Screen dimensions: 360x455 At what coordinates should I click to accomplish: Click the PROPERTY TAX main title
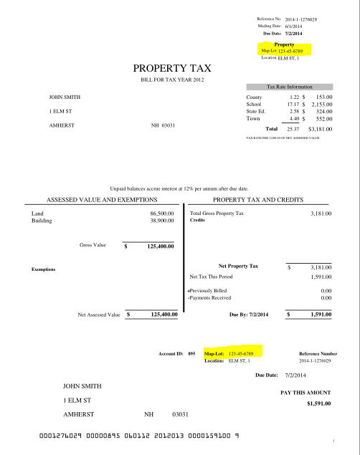tap(172, 69)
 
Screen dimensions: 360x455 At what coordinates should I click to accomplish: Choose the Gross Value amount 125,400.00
tap(161, 246)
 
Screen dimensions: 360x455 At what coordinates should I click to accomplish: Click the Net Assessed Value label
tap(99, 314)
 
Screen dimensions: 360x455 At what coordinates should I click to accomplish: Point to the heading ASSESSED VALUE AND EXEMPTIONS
tap(102, 198)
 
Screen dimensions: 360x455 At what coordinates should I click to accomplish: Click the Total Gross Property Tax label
tap(217, 214)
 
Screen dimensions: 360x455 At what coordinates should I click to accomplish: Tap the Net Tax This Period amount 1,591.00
tap(321, 276)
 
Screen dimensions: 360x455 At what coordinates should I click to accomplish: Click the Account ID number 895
tap(191, 354)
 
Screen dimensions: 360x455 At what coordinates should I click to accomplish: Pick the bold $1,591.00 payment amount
tap(318, 404)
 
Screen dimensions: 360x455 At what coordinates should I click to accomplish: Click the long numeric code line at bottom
tap(139, 436)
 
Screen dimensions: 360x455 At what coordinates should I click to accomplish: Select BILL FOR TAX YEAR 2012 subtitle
tap(172, 80)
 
